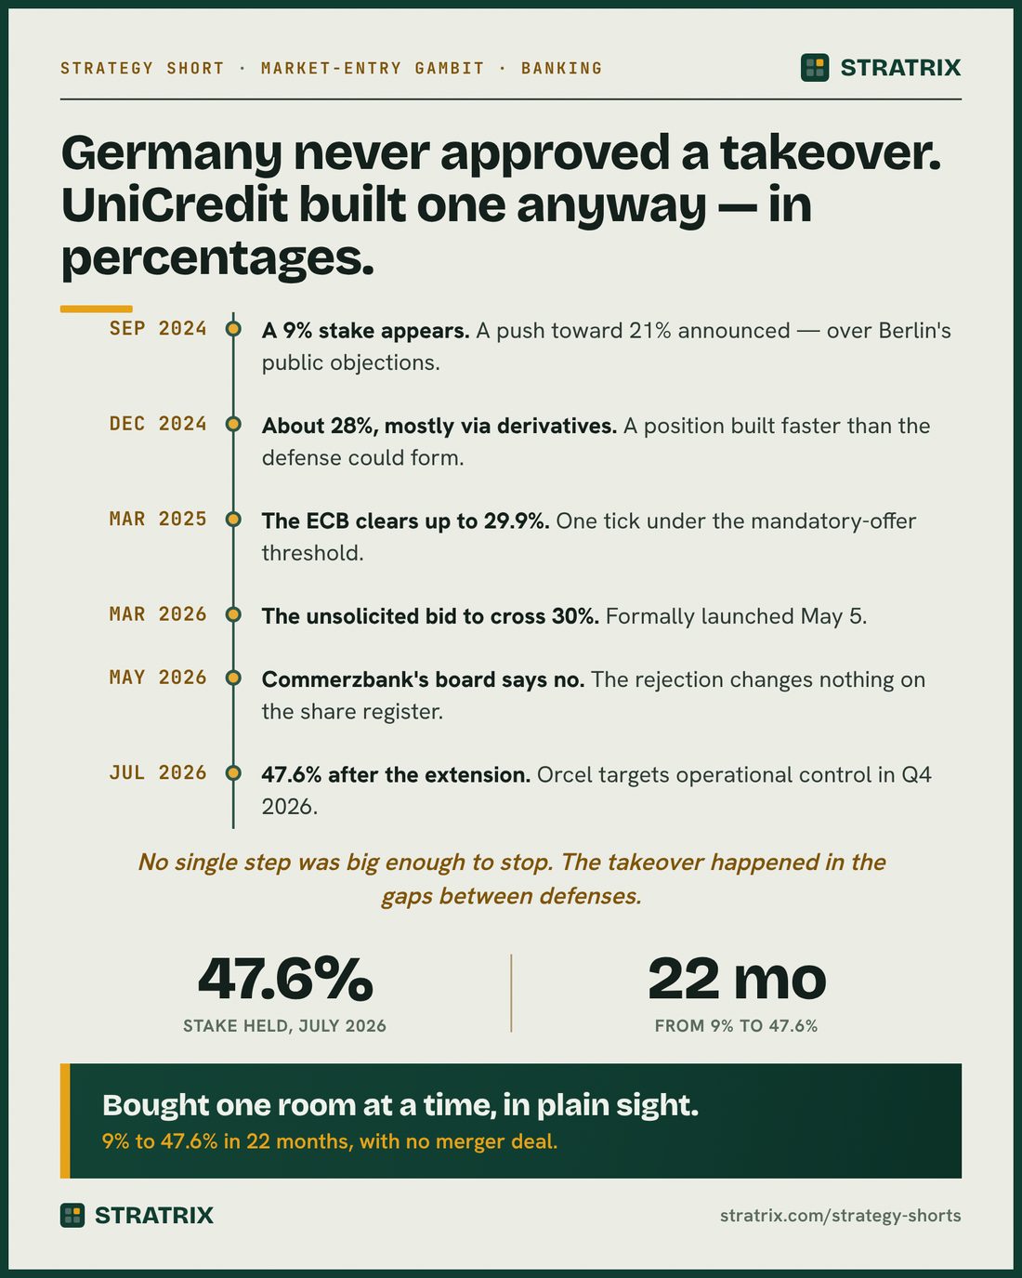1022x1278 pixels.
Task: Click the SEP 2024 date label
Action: click(158, 328)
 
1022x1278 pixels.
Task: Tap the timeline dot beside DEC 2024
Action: click(233, 424)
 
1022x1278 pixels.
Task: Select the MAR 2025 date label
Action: click(158, 519)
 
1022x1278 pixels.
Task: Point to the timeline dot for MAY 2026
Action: click(233, 678)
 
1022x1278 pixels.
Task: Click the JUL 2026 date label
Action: click(158, 772)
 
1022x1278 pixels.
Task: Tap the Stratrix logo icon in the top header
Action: click(815, 67)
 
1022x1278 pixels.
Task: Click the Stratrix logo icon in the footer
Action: click(72, 1215)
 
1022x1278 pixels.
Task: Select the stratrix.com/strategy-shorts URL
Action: click(840, 1216)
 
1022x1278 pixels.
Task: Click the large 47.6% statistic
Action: click(285, 979)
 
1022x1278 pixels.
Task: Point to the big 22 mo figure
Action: click(737, 979)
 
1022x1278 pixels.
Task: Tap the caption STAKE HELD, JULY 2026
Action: click(284, 1025)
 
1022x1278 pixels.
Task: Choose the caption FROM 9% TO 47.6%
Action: click(737, 1025)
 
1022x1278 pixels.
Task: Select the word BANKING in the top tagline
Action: click(562, 68)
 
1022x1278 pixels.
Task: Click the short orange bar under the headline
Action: click(97, 309)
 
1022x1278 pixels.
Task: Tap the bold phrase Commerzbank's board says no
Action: click(423, 679)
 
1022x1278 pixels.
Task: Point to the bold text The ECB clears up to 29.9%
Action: click(406, 520)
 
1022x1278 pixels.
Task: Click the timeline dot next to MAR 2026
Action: click(233, 614)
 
